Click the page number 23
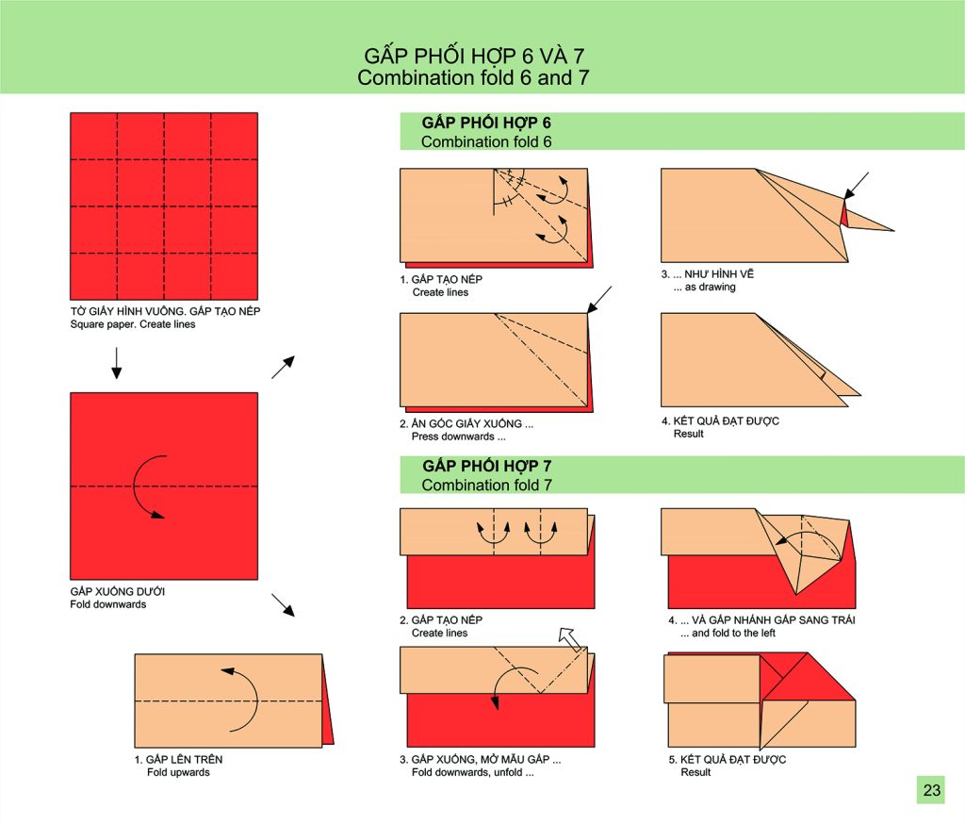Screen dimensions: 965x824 tap(932, 789)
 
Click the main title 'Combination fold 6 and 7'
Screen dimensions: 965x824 tap(473, 77)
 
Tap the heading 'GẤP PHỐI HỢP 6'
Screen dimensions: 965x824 tap(486, 123)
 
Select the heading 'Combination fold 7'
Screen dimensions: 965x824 tap(487, 486)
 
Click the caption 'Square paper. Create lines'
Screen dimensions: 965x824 tap(132, 324)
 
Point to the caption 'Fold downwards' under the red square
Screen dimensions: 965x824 tap(107, 604)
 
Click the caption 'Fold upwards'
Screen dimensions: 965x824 tap(178, 772)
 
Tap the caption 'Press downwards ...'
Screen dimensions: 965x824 tap(459, 437)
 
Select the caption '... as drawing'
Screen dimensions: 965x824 tap(704, 287)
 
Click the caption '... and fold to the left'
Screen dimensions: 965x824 tap(728, 634)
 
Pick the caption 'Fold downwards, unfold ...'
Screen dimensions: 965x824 tap(473, 772)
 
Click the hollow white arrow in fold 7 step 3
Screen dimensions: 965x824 tap(570, 639)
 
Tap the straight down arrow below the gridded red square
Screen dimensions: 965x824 tap(116, 363)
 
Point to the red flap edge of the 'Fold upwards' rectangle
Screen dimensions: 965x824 tap(328, 702)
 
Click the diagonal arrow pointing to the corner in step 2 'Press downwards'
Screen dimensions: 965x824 tap(599, 299)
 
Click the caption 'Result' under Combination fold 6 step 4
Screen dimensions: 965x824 tap(688, 434)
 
